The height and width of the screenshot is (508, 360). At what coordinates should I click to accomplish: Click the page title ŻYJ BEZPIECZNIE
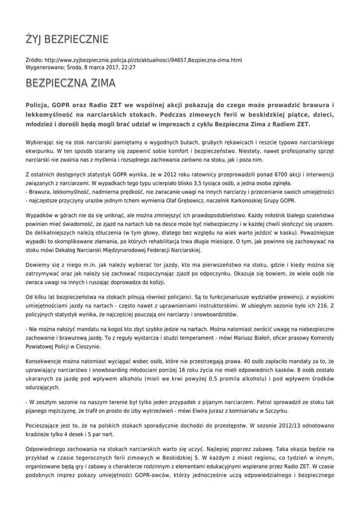67,39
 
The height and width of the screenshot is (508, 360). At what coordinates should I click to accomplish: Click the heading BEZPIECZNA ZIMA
71,83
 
